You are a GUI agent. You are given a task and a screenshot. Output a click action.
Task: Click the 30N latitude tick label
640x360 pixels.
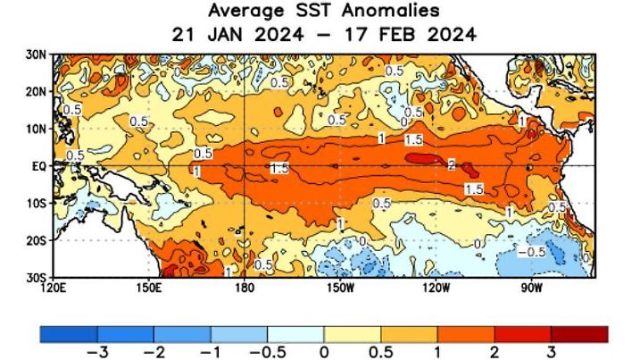tap(37, 54)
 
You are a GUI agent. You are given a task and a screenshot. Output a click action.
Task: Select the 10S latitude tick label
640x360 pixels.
tap(37, 204)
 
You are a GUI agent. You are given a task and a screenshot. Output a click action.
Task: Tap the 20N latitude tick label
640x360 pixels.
tap(37, 92)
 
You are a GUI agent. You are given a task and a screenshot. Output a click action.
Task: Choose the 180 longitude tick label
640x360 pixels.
tap(244, 288)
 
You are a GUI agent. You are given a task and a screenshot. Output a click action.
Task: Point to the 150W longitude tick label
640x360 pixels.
tap(339, 288)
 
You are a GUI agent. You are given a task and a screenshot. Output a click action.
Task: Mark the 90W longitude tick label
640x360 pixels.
tap(530, 288)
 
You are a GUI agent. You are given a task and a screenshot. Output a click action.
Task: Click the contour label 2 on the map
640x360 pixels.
tap(452, 165)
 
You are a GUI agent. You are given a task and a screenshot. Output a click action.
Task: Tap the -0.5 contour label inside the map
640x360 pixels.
tap(533, 252)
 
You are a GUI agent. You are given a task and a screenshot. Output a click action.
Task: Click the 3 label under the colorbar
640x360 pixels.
tap(552, 351)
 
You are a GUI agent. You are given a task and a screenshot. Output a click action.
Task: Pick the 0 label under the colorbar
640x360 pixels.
tap(324, 351)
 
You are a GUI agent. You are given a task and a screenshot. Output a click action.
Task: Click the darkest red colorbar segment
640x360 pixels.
tap(579, 333)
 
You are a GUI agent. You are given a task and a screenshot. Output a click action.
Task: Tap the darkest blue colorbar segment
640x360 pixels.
tap(69, 333)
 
